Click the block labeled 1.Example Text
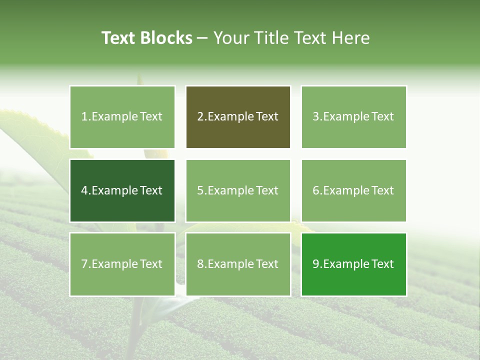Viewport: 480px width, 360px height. click(122, 117)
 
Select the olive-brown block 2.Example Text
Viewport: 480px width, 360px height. click(238, 117)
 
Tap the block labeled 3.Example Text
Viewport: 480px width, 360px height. click(353, 117)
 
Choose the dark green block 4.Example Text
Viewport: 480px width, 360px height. click(122, 190)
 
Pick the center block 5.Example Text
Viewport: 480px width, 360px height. click(238, 190)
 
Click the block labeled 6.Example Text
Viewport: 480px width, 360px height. click(353, 190)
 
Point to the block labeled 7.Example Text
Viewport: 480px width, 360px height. click(122, 264)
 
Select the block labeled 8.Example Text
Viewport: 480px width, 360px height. click(238, 264)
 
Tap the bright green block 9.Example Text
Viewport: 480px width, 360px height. click(353, 264)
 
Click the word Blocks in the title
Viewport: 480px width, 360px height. click(166, 38)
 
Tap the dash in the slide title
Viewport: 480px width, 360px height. click(202, 38)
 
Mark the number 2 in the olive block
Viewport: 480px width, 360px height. click(200, 117)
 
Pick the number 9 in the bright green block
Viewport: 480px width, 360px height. click(315, 264)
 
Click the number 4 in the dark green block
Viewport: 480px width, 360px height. click(84, 190)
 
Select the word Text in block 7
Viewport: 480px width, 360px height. click(151, 264)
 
